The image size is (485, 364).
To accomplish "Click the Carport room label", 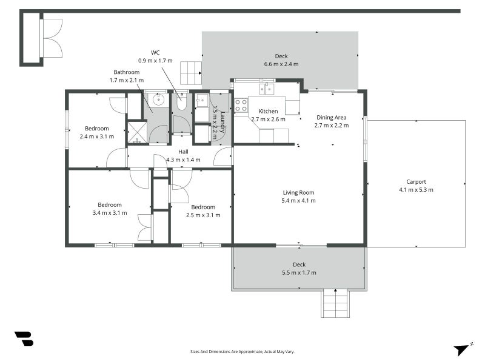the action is [416, 181].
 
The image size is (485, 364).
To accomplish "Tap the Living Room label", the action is [298, 192].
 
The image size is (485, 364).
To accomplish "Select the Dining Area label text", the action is [331, 117].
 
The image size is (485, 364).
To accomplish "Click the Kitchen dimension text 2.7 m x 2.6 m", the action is [268, 119].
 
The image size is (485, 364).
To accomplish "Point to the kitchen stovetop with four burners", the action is [241, 105].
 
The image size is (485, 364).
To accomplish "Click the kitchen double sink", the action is [267, 89].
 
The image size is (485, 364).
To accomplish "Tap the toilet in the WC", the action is [181, 102].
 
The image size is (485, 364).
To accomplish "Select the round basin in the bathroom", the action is [158, 99].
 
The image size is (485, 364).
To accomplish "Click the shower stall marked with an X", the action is [137, 133].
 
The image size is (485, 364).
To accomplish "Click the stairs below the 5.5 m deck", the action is [335, 303].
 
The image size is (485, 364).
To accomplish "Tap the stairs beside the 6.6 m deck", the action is [191, 73].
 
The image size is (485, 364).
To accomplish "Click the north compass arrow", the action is [461, 349].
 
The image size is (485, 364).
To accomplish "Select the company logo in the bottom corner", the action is [24, 339].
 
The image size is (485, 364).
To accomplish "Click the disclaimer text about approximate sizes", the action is [242, 352].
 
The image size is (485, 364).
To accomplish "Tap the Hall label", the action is [183, 152].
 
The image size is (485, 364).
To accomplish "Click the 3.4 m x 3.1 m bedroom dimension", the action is [110, 213].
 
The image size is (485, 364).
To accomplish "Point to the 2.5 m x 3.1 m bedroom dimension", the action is [203, 215].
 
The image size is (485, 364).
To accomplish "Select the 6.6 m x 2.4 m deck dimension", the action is [281, 64].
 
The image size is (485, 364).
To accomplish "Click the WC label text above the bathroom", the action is [155, 53].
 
